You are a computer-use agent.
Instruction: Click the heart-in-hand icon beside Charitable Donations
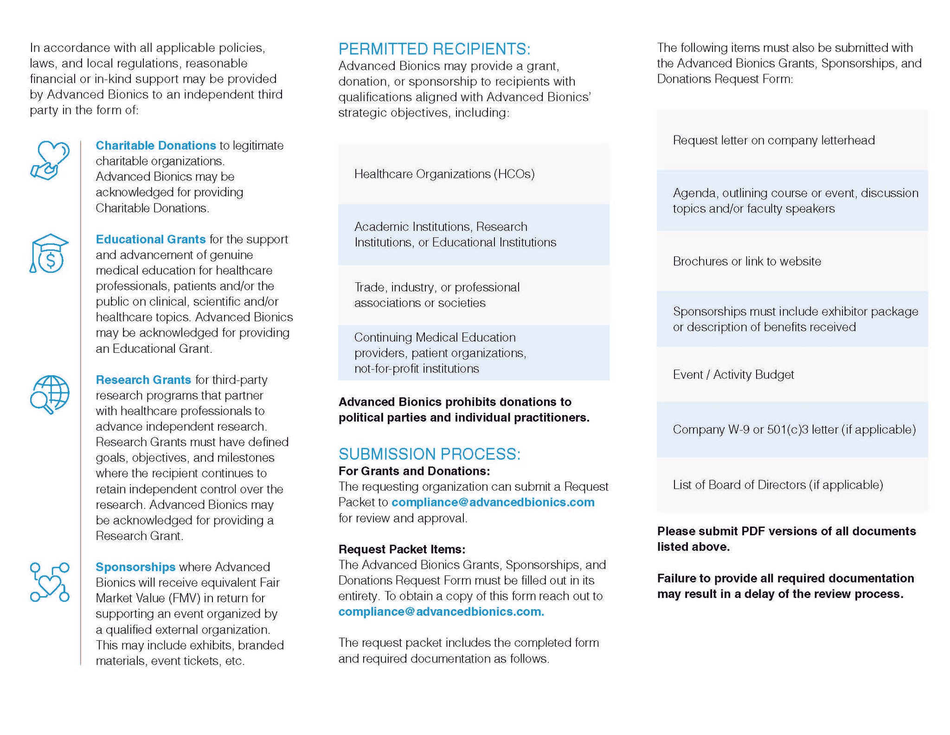50,160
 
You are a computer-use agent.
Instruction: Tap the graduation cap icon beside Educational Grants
49,254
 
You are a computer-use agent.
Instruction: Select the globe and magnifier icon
50,395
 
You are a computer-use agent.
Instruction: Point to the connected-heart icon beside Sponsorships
50,582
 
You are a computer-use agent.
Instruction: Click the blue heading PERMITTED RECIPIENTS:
434,49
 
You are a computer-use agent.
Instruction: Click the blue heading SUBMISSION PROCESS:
430,454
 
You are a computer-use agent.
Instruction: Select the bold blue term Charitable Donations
156,145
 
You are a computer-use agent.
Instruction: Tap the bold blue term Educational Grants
151,239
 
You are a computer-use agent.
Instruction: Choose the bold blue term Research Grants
143,380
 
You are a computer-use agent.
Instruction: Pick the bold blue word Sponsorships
135,567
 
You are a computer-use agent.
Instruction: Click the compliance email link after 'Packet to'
493,502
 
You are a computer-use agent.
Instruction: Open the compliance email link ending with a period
441,611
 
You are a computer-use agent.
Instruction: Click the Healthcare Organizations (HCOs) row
474,174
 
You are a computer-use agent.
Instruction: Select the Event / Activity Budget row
792,375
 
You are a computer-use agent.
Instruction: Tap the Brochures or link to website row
792,261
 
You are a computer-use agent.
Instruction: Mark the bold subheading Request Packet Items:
402,549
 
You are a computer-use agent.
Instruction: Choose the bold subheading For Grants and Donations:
414,471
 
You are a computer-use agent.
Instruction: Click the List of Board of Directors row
792,485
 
